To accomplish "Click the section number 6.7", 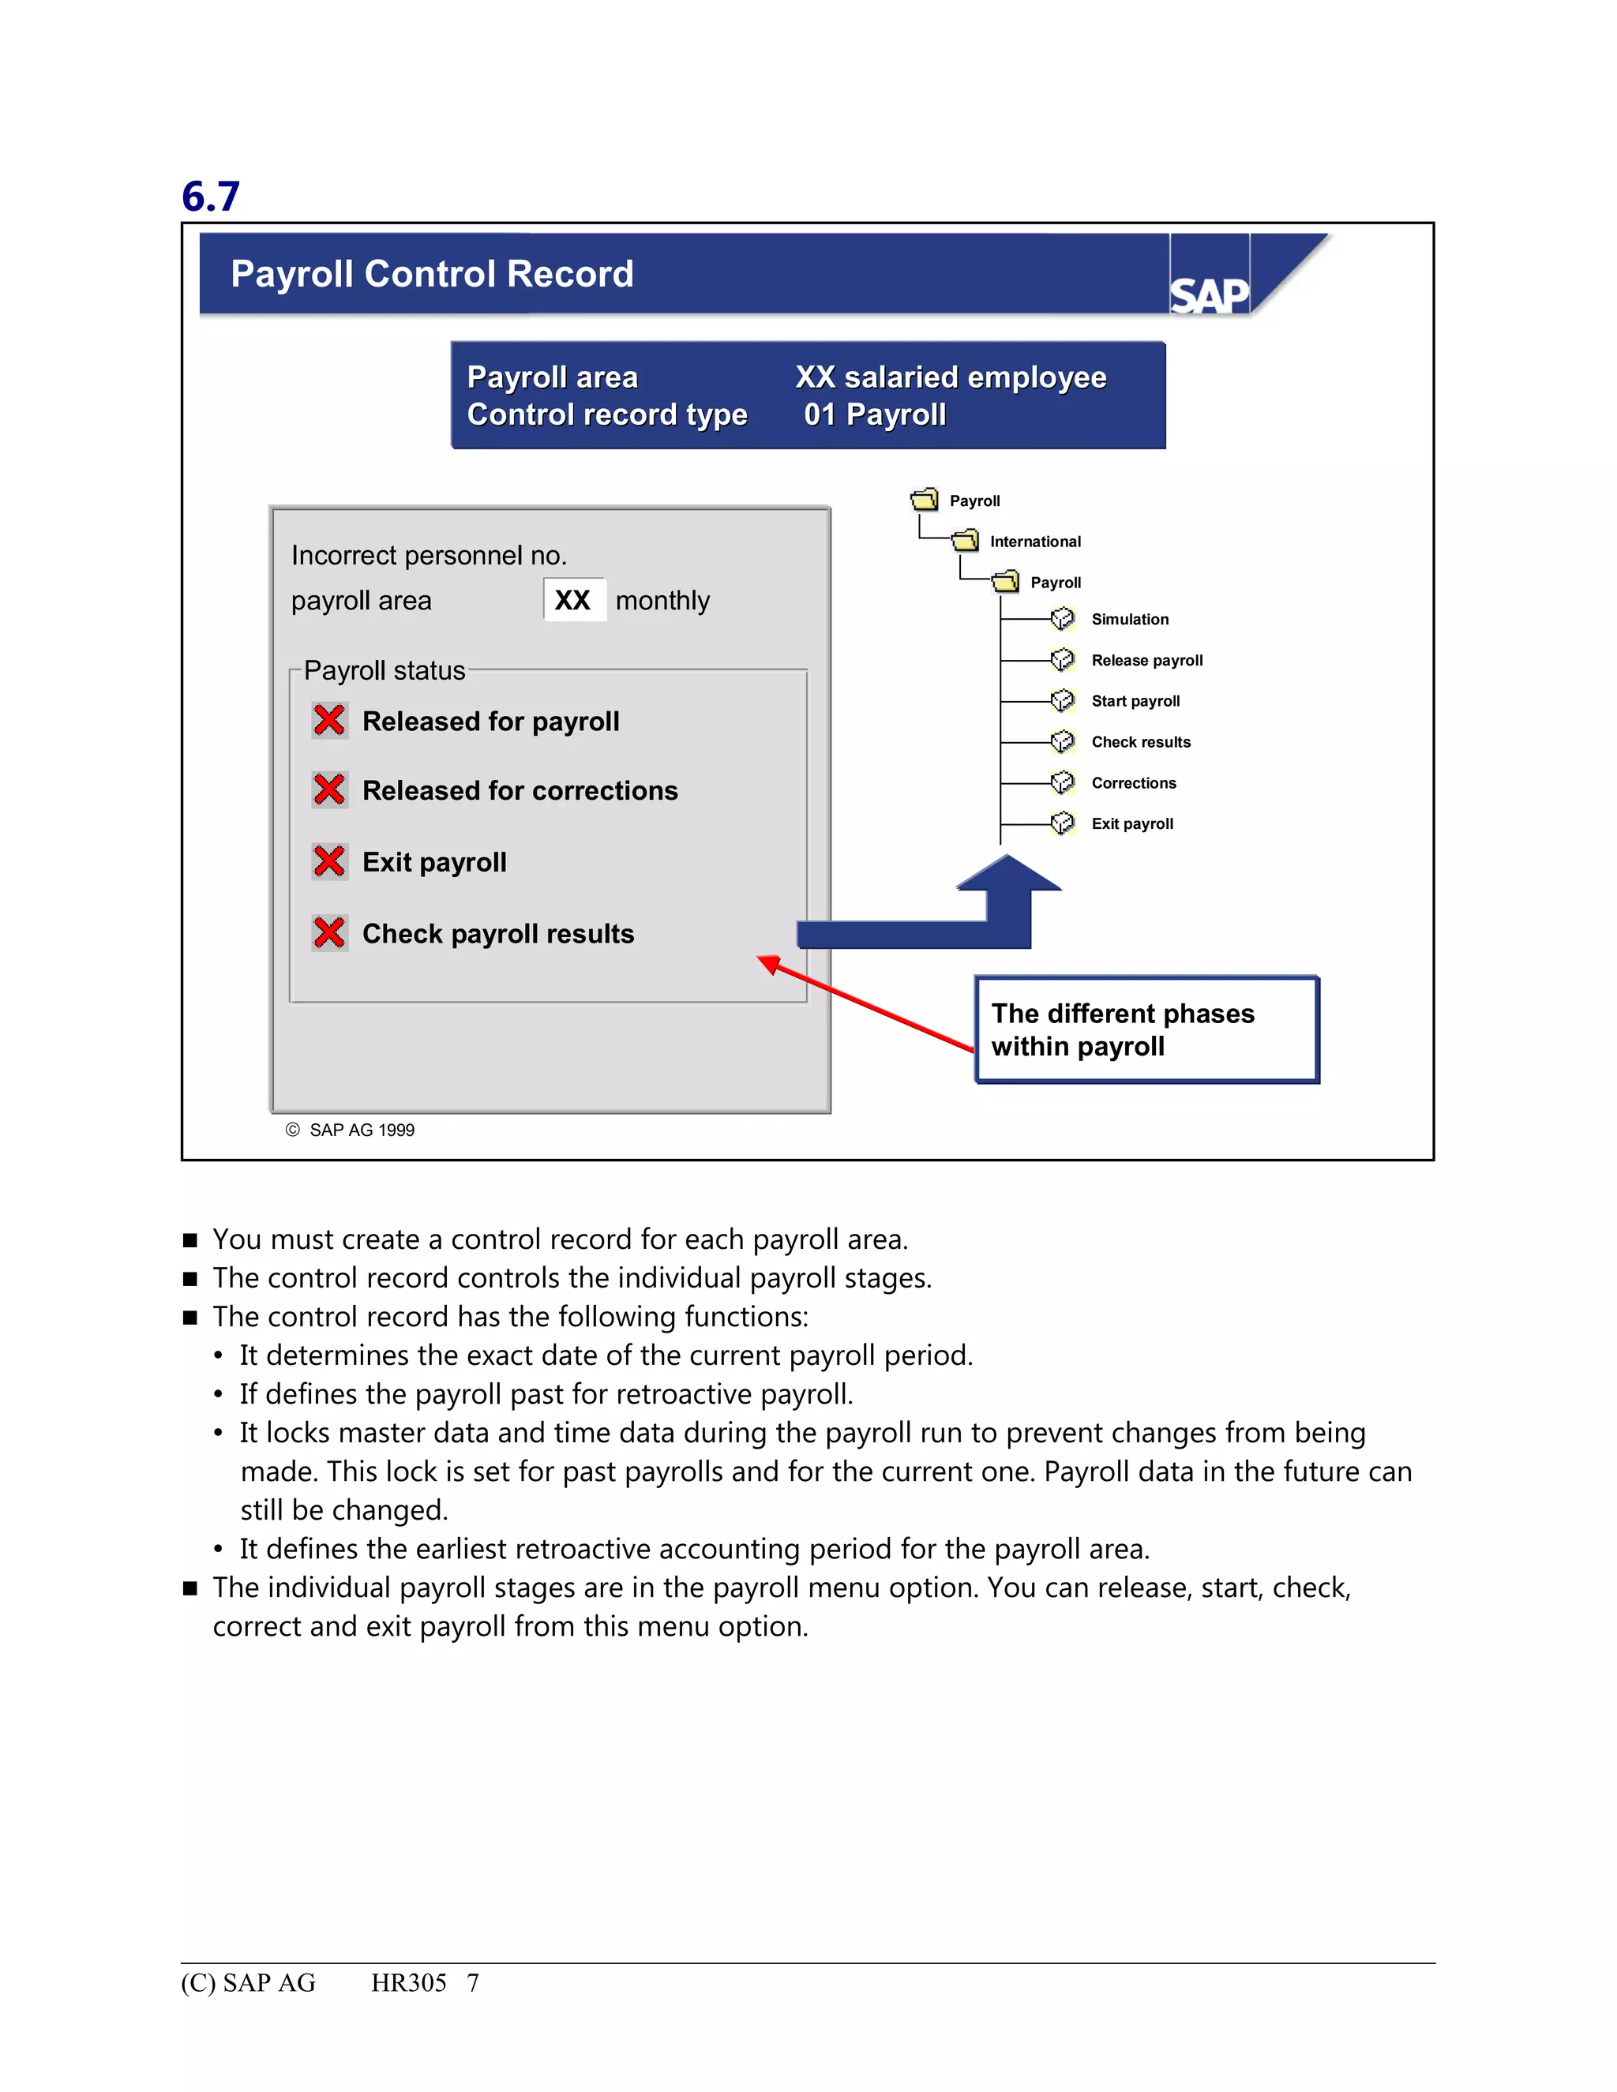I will click(211, 197).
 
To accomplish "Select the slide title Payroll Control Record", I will click(432, 274).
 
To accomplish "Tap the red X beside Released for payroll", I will click(329, 720).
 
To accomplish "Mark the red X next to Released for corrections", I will click(329, 789).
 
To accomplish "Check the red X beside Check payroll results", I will click(329, 932).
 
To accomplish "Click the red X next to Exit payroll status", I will click(329, 861).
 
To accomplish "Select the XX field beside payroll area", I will click(574, 601).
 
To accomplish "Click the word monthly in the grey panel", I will click(662, 601).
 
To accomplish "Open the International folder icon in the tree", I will click(966, 542).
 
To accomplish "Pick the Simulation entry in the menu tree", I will click(1129, 620).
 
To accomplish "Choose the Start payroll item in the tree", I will click(1135, 701).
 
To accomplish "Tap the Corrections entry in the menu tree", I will click(1133, 782).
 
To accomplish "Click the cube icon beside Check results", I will click(1063, 741).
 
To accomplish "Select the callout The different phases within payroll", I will click(1146, 1029).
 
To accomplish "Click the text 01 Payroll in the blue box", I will click(875, 414).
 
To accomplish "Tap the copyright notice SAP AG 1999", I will click(351, 1130).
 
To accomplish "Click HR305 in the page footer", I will click(409, 1983).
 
